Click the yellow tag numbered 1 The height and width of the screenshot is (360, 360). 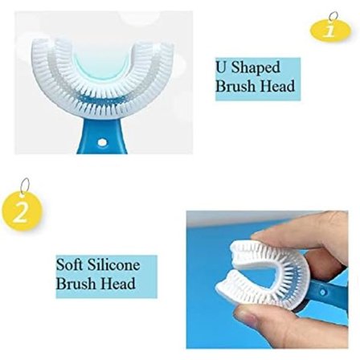(x=330, y=31)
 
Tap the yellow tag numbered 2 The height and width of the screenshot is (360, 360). (x=22, y=211)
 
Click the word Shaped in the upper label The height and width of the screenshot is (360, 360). (x=256, y=67)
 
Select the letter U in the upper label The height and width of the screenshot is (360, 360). (x=222, y=67)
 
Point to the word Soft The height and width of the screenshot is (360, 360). (x=70, y=264)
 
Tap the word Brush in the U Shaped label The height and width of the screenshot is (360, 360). (x=233, y=86)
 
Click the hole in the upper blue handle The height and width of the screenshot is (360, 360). (x=102, y=142)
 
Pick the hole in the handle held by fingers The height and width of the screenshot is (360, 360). (x=323, y=292)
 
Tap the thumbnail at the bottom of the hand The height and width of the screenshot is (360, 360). (x=247, y=318)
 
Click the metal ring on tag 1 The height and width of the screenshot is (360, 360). (x=332, y=16)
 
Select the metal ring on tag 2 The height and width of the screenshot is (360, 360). (x=26, y=186)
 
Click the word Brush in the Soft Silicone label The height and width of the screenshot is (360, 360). (x=74, y=284)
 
